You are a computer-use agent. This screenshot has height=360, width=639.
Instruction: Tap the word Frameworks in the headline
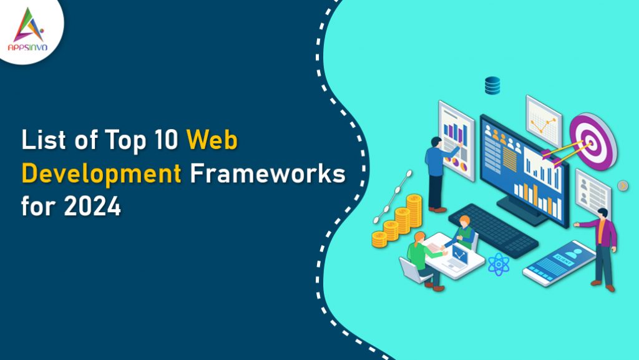click(266, 175)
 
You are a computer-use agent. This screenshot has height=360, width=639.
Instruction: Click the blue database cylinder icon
click(493, 85)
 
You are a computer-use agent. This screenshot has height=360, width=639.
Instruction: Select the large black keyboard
click(493, 228)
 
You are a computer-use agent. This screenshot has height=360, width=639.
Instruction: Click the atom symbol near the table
click(499, 264)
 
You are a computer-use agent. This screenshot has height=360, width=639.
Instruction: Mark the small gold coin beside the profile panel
click(622, 185)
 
